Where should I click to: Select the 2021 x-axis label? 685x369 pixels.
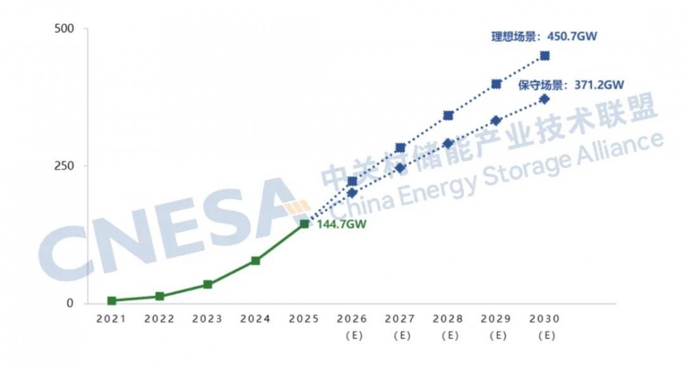click(x=111, y=319)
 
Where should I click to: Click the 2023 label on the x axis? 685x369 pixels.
click(x=208, y=319)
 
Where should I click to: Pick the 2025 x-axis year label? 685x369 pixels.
click(x=304, y=319)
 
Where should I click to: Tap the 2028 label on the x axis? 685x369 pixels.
click(x=449, y=319)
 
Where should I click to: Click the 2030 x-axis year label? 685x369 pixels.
click(x=545, y=319)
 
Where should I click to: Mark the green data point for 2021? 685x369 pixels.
click(x=111, y=301)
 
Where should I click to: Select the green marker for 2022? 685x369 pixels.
click(x=160, y=296)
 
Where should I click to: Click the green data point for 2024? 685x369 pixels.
click(x=256, y=261)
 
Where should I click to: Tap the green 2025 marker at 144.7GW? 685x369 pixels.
click(x=304, y=224)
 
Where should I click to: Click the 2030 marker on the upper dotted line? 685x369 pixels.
click(x=545, y=56)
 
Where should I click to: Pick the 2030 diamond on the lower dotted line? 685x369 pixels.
click(x=545, y=99)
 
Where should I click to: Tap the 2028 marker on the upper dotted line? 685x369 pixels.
click(x=449, y=116)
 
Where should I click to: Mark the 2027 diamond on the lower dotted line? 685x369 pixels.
click(x=401, y=168)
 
